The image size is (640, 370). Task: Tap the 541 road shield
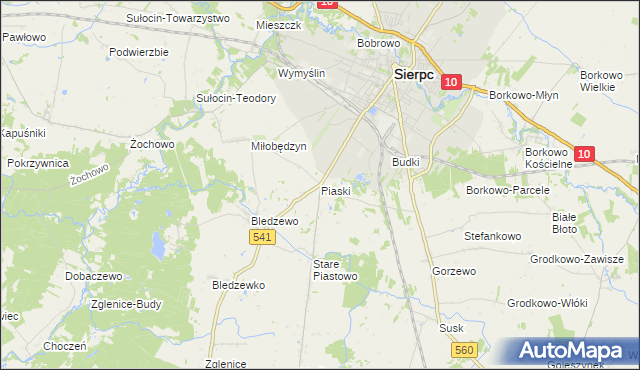[262, 236]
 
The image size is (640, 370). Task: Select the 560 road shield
[463, 349]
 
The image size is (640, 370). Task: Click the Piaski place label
[335, 190]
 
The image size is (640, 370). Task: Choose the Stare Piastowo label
[335, 270]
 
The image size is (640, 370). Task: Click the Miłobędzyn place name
[277, 145]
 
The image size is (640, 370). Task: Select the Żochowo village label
[153, 144]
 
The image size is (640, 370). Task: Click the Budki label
[405, 161]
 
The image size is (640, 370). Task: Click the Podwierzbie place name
[139, 51]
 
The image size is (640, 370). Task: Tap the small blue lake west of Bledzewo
[157, 243]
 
